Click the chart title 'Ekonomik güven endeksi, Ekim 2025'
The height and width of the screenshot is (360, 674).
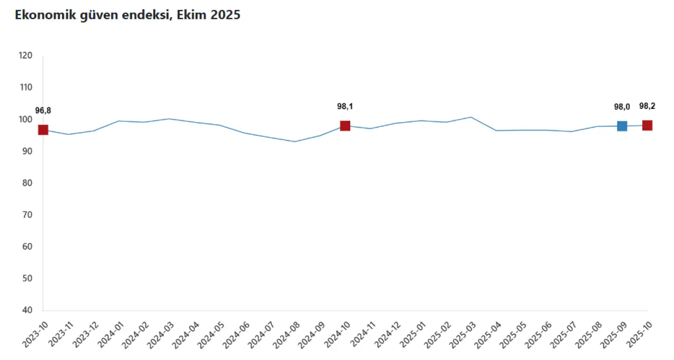click(127, 15)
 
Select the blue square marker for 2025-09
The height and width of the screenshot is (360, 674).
click(622, 126)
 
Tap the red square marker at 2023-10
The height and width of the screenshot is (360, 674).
click(43, 129)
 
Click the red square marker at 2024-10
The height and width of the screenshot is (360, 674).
click(345, 126)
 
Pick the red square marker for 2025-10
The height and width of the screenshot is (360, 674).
click(647, 125)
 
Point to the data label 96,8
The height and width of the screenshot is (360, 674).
click(43, 111)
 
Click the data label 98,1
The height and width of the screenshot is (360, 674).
click(345, 106)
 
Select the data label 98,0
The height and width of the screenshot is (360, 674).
click(622, 107)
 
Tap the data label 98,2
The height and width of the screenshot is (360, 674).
click(647, 106)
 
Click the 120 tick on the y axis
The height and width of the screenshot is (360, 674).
click(25, 56)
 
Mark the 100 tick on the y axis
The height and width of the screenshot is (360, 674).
click(25, 119)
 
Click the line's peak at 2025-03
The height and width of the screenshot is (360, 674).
click(471, 117)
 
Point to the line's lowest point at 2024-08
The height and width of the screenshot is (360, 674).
click(295, 142)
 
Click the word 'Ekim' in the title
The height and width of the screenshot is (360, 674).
click(193, 15)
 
